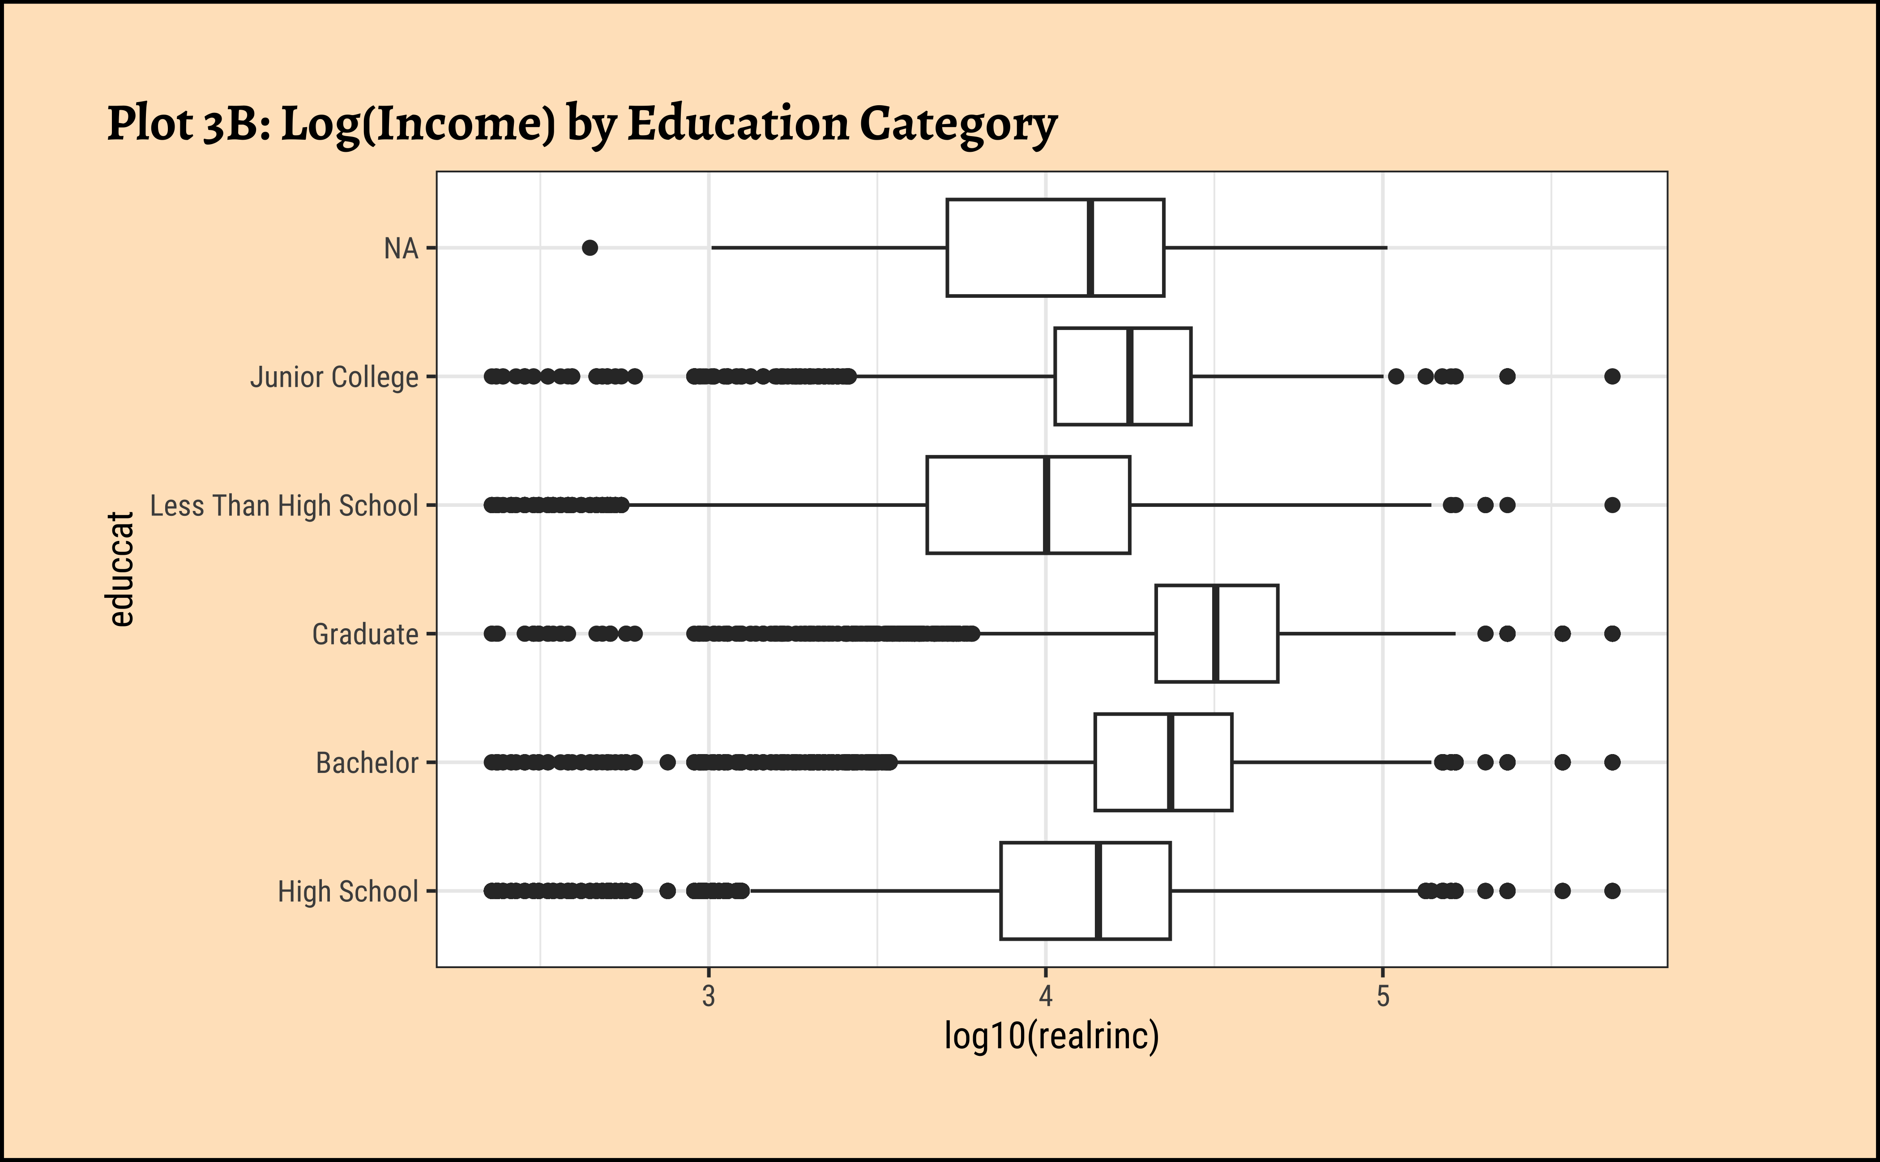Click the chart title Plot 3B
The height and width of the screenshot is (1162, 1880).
point(581,124)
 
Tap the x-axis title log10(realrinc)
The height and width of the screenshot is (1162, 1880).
point(1051,1036)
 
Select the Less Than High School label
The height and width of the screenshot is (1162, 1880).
point(284,506)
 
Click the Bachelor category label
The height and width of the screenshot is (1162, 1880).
point(367,763)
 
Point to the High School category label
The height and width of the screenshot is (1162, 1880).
point(348,892)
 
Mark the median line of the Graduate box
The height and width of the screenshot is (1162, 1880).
point(1215,633)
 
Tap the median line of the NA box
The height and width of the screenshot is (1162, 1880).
point(1091,248)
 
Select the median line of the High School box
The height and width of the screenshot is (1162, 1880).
point(1098,891)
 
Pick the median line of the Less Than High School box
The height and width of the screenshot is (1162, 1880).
point(1047,505)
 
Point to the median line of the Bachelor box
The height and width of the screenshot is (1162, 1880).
point(1170,763)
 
